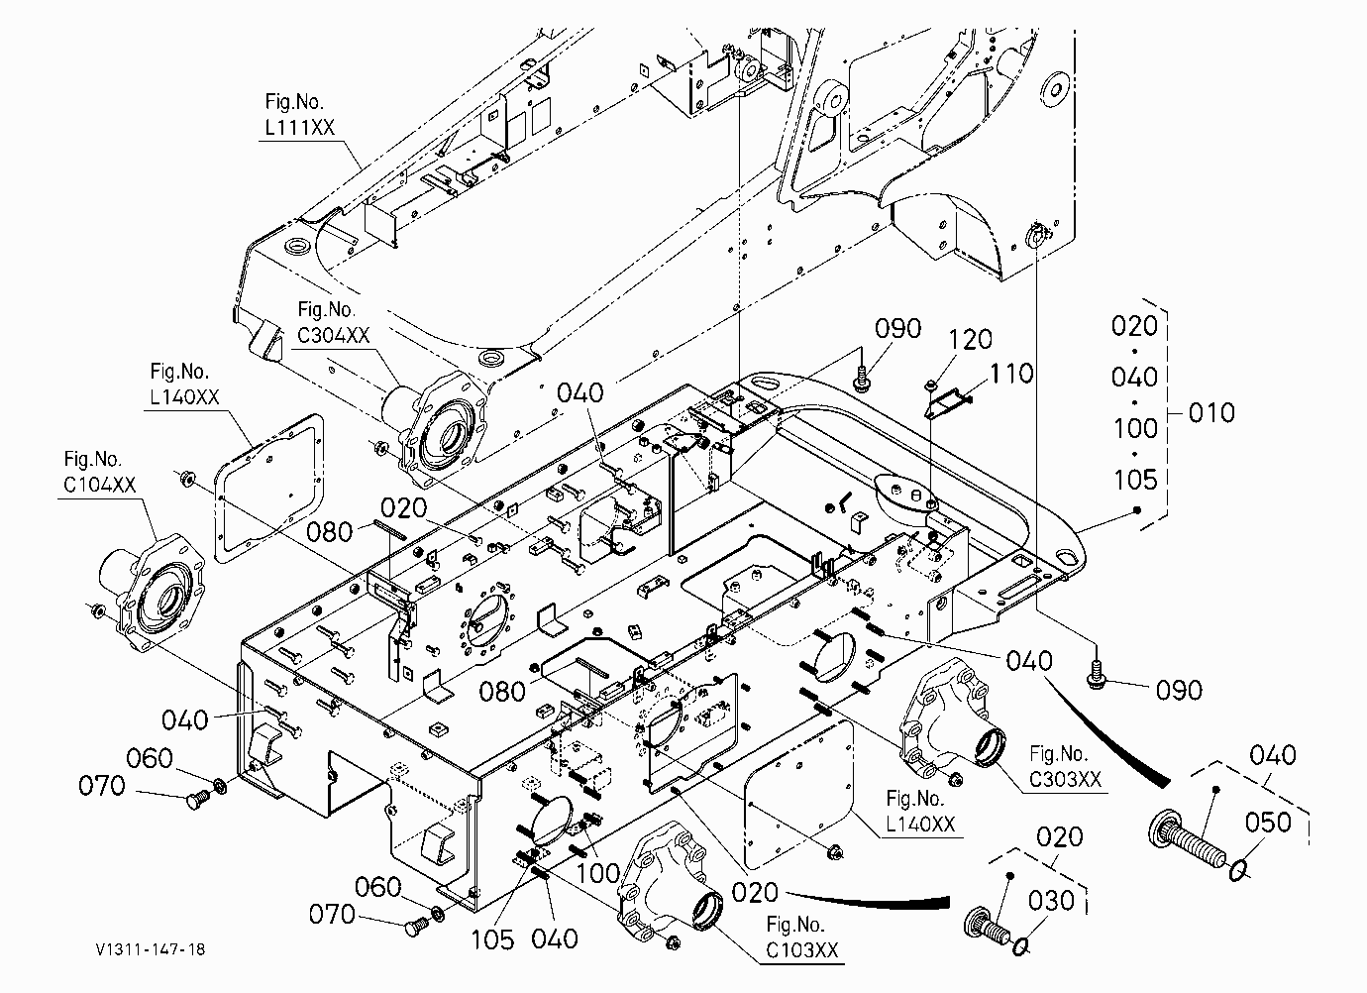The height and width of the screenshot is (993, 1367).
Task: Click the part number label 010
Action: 1211,413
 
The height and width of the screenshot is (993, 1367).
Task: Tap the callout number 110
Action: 1011,374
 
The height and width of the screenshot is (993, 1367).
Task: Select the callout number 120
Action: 971,340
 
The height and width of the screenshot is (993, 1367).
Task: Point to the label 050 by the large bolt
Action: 1268,822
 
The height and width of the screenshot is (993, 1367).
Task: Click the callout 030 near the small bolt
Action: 1051,901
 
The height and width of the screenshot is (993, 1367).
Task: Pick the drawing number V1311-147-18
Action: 151,949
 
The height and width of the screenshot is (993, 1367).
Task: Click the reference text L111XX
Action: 299,127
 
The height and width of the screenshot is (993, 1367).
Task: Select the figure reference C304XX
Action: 333,335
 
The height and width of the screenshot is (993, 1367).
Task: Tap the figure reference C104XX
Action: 99,485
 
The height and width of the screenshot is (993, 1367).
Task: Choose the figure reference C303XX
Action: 1066,779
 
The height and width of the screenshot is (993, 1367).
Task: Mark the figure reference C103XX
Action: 802,950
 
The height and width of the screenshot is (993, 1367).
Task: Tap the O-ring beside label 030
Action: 1021,947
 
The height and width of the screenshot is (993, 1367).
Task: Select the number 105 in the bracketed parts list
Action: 1135,480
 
